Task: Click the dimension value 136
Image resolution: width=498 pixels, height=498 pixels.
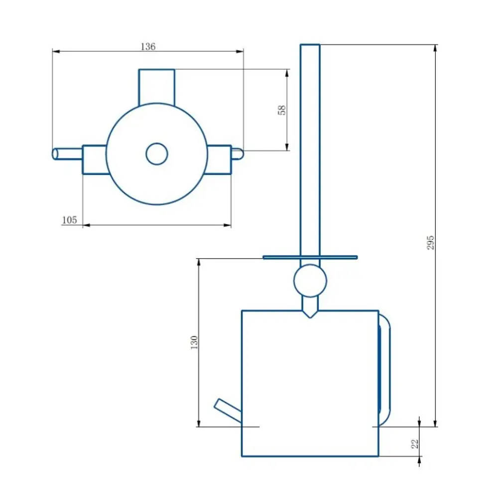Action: click(x=148, y=47)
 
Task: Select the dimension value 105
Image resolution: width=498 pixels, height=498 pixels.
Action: click(x=70, y=220)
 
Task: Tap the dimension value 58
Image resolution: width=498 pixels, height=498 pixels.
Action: click(x=282, y=110)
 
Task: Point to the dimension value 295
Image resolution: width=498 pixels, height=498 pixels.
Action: click(x=430, y=243)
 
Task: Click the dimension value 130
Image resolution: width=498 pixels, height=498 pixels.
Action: click(x=194, y=343)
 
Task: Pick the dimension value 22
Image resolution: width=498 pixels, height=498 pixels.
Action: click(x=415, y=444)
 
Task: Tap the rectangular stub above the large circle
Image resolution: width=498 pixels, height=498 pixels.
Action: click(x=156, y=87)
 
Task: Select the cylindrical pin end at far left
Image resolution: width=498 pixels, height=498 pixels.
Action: click(x=67, y=154)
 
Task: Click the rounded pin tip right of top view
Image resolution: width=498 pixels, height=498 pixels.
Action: click(x=238, y=154)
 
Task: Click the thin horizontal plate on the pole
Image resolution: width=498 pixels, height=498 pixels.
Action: click(x=310, y=257)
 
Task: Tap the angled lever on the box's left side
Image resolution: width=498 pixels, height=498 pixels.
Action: click(x=228, y=410)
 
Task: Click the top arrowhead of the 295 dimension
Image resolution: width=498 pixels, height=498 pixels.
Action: click(x=435, y=49)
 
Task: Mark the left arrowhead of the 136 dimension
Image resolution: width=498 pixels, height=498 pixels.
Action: click(x=56, y=51)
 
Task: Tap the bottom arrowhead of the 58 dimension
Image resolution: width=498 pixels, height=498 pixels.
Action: click(x=287, y=146)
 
